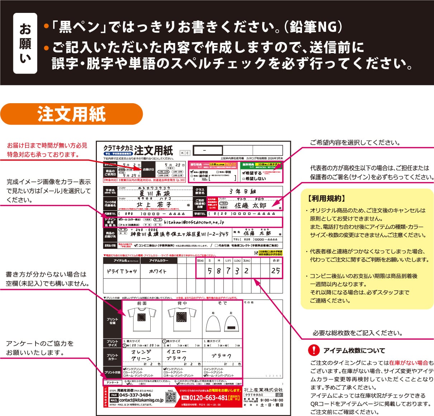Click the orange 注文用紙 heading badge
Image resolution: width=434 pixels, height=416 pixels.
71,114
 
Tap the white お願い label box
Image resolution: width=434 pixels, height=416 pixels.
25,43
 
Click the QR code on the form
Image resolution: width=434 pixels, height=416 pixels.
171,397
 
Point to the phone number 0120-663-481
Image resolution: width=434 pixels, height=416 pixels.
208,398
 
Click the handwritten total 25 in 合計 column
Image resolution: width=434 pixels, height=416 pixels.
275,271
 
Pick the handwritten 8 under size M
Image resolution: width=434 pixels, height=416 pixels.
218,271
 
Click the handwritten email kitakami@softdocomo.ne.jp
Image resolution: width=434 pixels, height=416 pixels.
194,222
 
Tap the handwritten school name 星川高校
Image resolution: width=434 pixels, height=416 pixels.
155,193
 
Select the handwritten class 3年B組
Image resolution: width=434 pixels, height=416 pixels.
242,191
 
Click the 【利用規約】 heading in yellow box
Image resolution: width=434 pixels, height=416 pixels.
326,199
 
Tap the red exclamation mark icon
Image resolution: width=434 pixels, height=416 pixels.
314,350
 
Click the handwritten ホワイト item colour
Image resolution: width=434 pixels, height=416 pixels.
158,271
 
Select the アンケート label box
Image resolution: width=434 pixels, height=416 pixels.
112,382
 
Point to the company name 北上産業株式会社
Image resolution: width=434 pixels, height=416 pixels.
263,389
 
